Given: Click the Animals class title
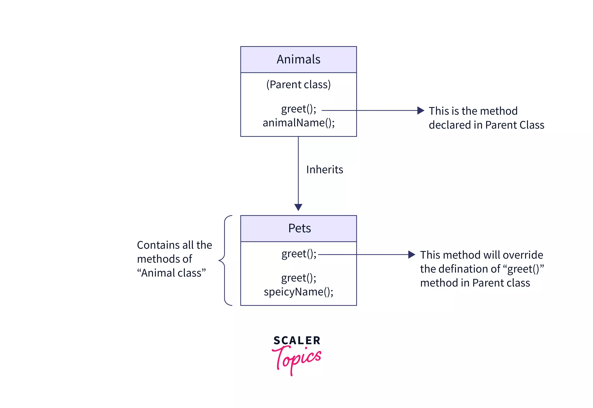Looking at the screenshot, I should click(x=298, y=59).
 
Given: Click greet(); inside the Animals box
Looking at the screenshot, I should click(x=298, y=109).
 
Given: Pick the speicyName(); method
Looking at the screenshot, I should click(x=298, y=292).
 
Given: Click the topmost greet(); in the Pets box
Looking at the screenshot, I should click(x=299, y=254).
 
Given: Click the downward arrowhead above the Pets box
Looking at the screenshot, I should click(x=298, y=207).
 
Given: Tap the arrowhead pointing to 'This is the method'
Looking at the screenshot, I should click(x=420, y=110).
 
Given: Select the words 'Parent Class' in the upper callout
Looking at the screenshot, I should click(x=515, y=125).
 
